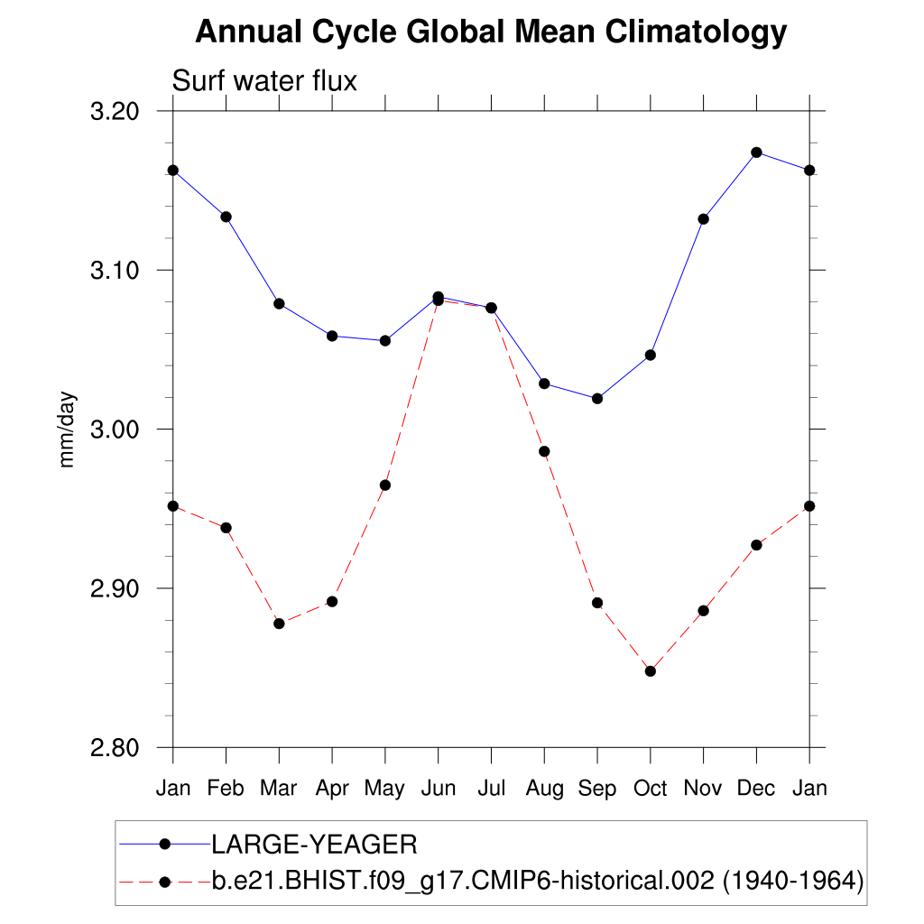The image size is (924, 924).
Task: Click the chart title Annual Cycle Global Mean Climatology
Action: (491, 32)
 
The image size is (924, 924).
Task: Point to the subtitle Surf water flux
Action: (264, 81)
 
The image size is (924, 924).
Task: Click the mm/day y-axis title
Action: (68, 430)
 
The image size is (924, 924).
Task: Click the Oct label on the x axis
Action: (650, 789)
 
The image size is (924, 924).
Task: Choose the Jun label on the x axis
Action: (438, 789)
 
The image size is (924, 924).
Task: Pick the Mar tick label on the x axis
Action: (279, 789)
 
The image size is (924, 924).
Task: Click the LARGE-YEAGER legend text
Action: (314, 845)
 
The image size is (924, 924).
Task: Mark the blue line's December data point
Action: (756, 152)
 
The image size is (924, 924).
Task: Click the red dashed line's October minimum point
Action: (650, 671)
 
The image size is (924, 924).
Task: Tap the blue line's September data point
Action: (596, 399)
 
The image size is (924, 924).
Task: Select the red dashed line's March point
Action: (279, 624)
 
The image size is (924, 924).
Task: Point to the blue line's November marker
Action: (703, 219)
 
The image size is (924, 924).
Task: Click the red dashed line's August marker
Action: (544, 451)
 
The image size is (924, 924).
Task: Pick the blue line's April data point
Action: (332, 336)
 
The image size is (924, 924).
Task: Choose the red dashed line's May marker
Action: (385, 485)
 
